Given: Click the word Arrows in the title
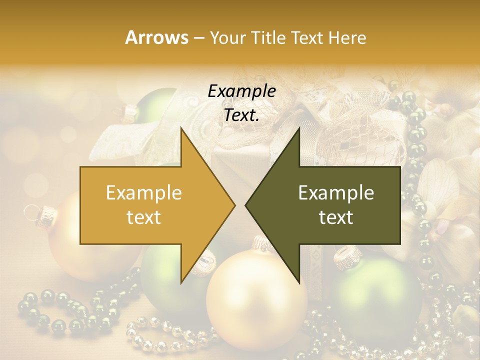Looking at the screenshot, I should [156, 37].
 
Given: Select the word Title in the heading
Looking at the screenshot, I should [268, 37].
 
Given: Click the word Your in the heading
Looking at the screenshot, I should [227, 37].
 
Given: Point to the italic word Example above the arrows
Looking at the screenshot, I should [241, 91].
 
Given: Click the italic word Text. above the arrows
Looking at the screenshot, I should [241, 115].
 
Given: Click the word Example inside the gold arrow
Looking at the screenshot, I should [144, 193].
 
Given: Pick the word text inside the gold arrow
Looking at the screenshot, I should [144, 217].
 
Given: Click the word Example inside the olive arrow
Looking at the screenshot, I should [336, 193].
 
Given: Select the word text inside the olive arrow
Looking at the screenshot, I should [336, 217].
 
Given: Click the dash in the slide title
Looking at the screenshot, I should [198, 38].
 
